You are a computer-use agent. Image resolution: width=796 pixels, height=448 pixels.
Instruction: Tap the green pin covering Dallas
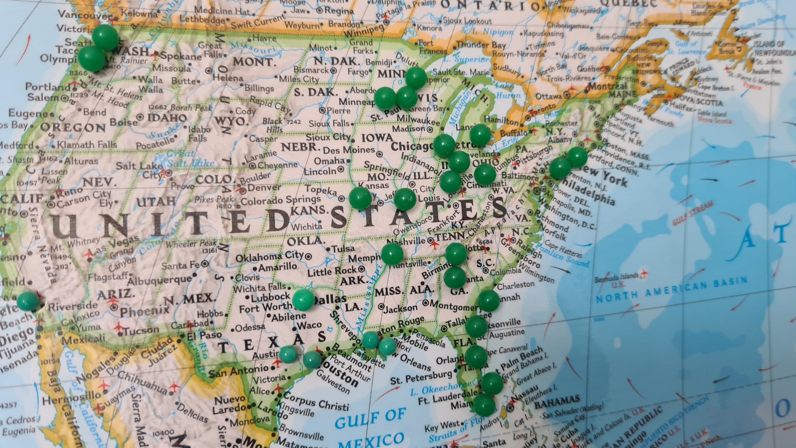[x=303, y=300]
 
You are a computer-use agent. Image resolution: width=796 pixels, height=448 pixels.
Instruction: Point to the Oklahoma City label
[x=269, y=257]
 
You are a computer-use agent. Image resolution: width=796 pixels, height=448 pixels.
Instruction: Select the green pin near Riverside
[x=28, y=301]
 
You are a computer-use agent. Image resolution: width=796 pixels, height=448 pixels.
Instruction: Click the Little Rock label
[x=331, y=271]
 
